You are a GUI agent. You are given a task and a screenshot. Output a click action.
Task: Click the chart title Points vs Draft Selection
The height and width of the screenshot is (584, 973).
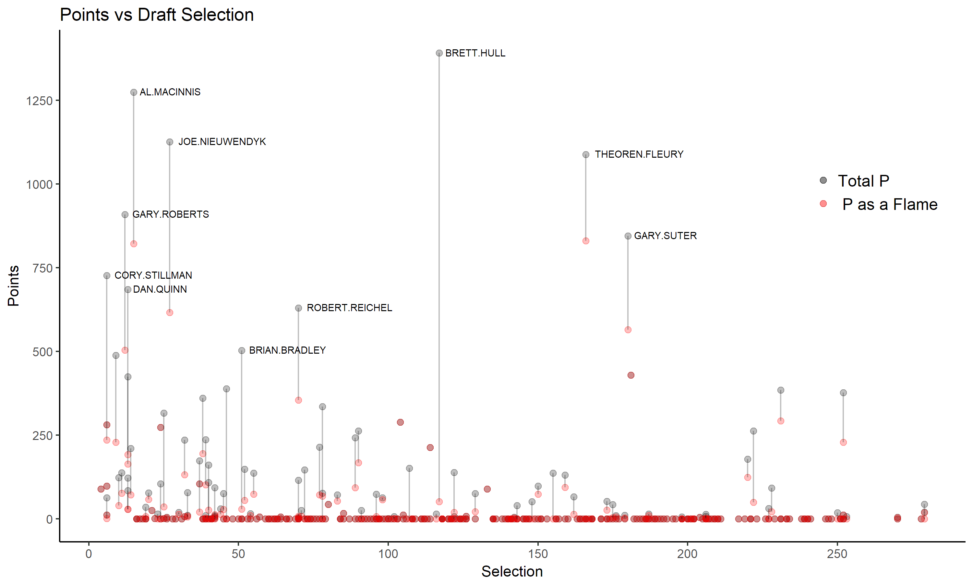pyautogui.click(x=157, y=15)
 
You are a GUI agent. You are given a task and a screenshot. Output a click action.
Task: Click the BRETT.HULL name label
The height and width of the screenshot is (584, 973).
pyautogui.click(x=475, y=53)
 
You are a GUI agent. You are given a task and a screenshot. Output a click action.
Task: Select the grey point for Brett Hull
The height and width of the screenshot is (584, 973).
pyautogui.click(x=439, y=53)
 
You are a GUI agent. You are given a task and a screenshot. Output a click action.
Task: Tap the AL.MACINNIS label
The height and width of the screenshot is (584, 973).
pyautogui.click(x=170, y=92)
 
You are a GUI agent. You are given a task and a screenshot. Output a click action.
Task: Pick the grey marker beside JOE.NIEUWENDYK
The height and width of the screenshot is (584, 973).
pyautogui.click(x=170, y=142)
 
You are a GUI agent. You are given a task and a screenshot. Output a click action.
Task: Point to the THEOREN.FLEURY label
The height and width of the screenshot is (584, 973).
pyautogui.click(x=639, y=154)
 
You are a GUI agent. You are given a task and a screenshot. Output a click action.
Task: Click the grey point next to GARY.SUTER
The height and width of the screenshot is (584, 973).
pyautogui.click(x=628, y=236)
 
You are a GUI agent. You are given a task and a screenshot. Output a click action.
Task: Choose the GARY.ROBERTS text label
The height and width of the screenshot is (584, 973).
pyautogui.click(x=170, y=214)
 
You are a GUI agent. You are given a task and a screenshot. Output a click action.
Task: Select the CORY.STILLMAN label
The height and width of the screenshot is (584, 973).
pyautogui.click(x=153, y=275)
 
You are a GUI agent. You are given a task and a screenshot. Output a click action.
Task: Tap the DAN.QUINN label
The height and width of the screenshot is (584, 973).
pyautogui.click(x=160, y=290)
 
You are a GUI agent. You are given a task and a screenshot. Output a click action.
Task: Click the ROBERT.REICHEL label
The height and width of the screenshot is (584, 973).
pyautogui.click(x=349, y=308)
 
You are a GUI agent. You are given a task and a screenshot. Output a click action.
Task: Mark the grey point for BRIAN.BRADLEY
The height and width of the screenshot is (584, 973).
pyautogui.click(x=242, y=351)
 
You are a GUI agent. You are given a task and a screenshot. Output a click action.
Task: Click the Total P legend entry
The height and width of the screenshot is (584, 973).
pyautogui.click(x=863, y=181)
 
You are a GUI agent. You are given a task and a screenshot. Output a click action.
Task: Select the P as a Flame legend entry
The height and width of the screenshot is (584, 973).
pyautogui.click(x=890, y=205)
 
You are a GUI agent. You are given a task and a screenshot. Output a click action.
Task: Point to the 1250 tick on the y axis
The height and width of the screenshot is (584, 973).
pyautogui.click(x=39, y=101)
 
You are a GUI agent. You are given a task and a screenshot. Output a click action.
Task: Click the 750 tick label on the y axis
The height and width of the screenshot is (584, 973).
pyautogui.click(x=42, y=268)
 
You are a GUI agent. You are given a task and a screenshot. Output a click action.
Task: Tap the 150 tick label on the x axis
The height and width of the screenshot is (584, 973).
pyautogui.click(x=538, y=554)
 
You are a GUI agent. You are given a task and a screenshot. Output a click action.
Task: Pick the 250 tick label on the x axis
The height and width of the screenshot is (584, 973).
pyautogui.click(x=837, y=554)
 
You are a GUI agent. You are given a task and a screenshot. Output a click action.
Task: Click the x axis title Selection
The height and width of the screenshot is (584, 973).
pyautogui.click(x=512, y=571)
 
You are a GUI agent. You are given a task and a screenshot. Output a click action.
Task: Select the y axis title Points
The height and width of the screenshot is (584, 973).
pyautogui.click(x=13, y=286)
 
